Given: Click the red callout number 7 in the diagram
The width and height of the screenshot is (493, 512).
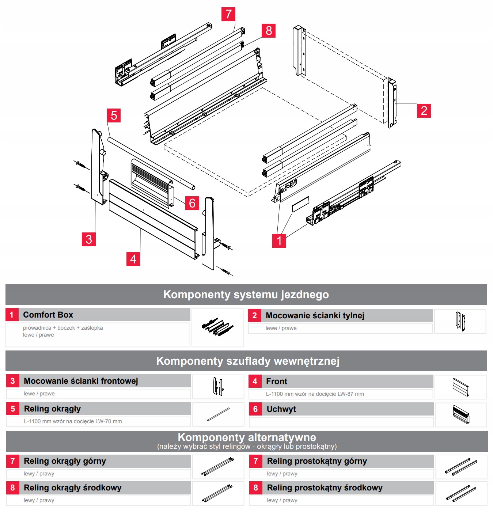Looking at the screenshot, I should click(228, 14).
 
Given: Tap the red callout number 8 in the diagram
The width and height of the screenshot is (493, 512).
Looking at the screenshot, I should click(269, 31).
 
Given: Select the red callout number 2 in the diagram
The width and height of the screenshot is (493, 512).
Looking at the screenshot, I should click(424, 111).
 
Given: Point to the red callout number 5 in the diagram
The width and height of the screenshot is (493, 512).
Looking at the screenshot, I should click(114, 115).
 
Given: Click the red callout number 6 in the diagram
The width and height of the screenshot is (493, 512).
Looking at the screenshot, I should click(192, 203).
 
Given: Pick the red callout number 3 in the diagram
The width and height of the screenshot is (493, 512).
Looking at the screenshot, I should click(89, 239).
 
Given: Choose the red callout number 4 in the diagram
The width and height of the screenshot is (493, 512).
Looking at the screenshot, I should click(133, 259).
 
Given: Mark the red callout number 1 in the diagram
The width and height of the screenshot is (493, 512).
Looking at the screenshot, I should click(279, 241).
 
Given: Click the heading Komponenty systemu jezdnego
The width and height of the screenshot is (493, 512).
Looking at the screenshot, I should click(246, 295).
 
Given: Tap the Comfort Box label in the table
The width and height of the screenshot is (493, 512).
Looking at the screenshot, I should click(48, 315).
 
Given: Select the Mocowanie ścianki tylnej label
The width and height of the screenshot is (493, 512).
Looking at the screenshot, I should click(315, 315).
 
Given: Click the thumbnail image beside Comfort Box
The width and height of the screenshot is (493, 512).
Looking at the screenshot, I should click(217, 327).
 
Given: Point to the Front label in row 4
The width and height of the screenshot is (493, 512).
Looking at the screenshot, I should click(276, 381).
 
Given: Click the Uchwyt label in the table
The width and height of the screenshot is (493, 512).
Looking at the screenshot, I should click(281, 409).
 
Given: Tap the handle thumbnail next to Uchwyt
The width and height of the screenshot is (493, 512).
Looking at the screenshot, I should click(460, 415).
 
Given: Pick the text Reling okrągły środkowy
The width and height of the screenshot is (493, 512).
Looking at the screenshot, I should click(72, 488).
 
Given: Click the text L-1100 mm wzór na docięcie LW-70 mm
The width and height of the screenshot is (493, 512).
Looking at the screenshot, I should click(73, 421).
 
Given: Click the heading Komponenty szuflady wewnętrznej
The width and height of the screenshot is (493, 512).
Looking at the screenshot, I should click(248, 361).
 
